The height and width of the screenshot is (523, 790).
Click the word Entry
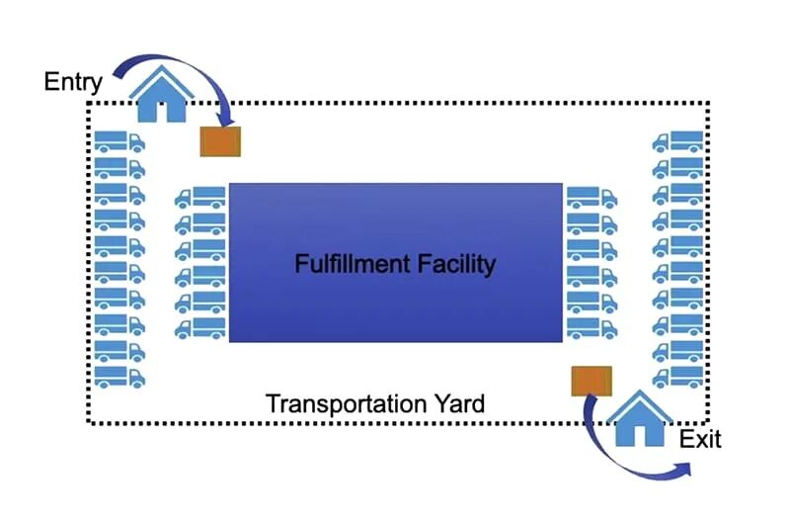click(x=73, y=82)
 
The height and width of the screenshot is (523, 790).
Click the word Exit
click(x=700, y=439)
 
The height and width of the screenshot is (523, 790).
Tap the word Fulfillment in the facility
click(x=353, y=264)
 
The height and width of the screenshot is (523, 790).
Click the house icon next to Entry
click(x=161, y=94)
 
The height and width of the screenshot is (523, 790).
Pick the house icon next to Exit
click(x=640, y=418)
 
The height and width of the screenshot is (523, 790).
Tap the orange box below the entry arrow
click(x=220, y=141)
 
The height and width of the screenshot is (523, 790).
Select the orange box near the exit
click(x=592, y=382)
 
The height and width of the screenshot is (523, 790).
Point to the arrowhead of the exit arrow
click(x=683, y=469)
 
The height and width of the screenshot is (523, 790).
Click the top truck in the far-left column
click(x=119, y=141)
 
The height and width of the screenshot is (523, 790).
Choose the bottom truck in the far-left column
click(x=119, y=378)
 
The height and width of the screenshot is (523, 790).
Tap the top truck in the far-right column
click(x=677, y=141)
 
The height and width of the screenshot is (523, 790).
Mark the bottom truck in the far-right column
click(x=677, y=378)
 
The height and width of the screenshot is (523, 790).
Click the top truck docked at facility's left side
click(x=200, y=198)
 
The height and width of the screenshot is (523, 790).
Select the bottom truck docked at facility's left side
click(x=200, y=328)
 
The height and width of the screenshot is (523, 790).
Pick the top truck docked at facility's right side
click(x=592, y=198)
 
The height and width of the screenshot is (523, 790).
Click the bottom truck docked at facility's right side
click(x=592, y=328)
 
